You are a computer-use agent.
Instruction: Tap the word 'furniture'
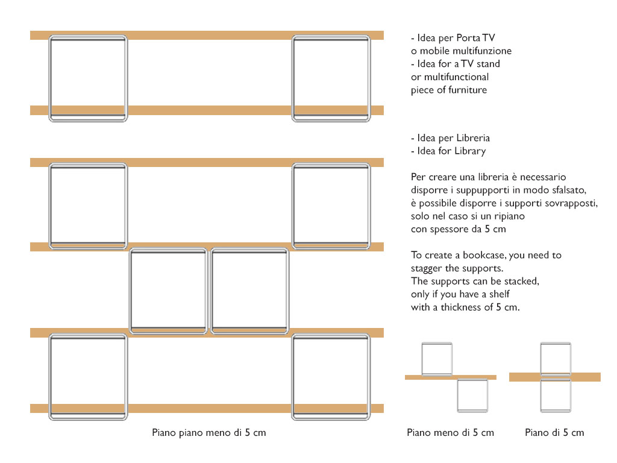tap(467, 90)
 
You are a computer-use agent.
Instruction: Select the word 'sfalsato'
tap(569, 190)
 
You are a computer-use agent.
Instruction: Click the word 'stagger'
tap(426, 268)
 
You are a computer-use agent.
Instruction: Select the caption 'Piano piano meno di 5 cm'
tap(209, 433)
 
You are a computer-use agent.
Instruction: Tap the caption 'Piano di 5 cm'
tap(554, 433)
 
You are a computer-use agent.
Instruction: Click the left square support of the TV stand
tap(49, 78)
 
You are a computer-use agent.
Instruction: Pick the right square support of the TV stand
tap(293, 78)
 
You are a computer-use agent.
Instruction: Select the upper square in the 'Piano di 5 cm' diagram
tap(541, 359)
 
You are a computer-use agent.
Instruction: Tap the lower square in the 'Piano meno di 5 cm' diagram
tap(458, 395)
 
